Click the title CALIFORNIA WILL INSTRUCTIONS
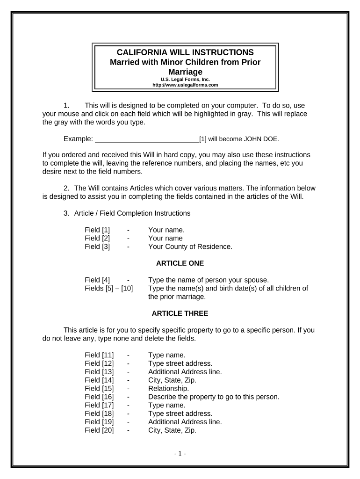point(185,52)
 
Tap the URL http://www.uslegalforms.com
point(185,85)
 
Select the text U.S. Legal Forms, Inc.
point(185,80)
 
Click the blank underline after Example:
point(147,139)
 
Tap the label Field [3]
point(97,247)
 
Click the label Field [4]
point(97,280)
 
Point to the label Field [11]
point(99,355)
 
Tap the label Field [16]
point(99,397)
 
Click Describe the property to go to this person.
point(214,397)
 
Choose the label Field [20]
point(99,431)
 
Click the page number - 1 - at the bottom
point(180,453)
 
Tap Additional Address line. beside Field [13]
point(185,372)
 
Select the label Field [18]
point(99,414)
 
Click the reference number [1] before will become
point(203,139)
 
